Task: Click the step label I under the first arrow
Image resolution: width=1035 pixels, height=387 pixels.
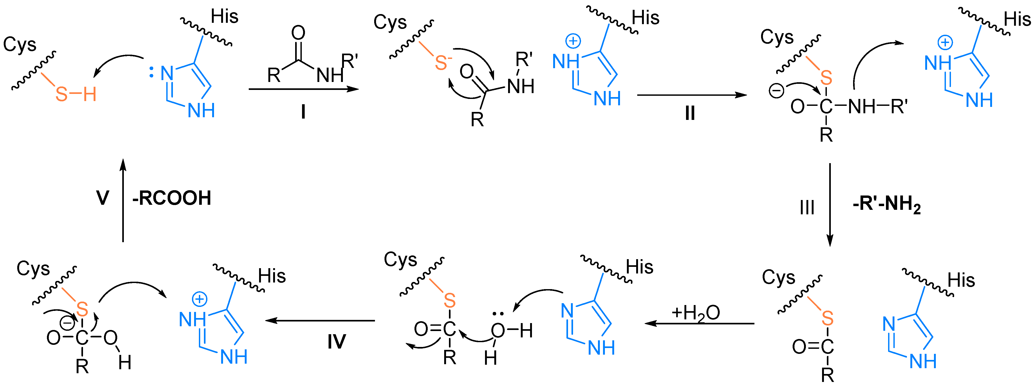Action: tap(303, 112)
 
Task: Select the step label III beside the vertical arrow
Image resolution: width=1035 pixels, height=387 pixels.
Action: tap(807, 208)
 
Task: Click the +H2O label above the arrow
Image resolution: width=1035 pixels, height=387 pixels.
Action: tap(696, 313)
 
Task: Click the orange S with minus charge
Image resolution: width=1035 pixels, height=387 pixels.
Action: tap(442, 63)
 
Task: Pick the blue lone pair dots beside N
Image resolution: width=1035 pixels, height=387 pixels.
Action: tap(151, 72)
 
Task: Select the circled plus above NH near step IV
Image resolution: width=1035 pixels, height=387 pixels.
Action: tap(199, 299)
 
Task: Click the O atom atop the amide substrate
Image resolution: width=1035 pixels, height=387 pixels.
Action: tap(298, 33)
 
